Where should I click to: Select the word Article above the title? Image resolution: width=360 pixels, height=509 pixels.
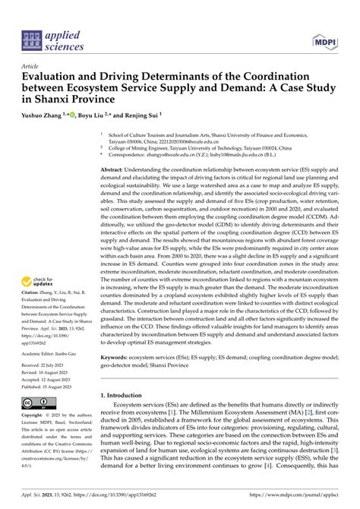31,66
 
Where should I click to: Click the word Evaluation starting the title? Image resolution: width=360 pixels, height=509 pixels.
55,77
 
